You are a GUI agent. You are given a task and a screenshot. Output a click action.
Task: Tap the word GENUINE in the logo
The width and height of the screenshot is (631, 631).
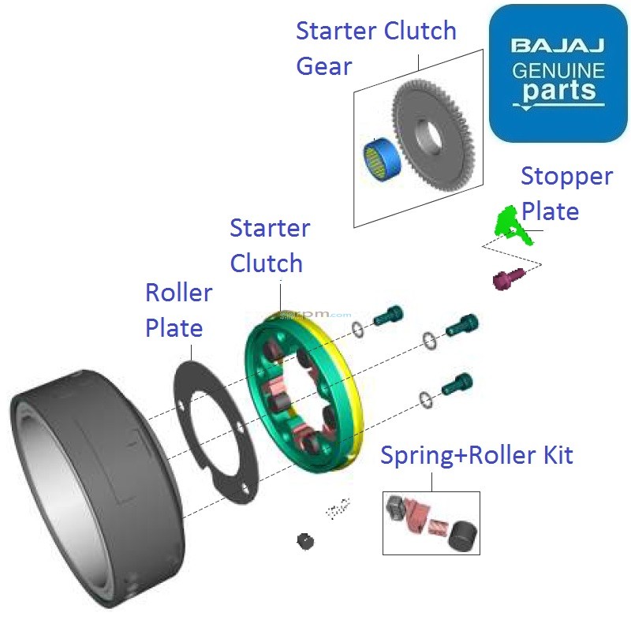(x=558, y=70)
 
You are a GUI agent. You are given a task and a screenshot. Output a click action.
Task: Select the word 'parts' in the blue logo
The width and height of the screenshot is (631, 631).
(x=558, y=91)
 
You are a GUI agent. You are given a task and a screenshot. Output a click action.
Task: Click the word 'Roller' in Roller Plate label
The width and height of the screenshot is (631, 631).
(x=178, y=293)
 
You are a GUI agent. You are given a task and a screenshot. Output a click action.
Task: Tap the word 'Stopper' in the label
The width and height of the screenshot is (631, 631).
(x=566, y=176)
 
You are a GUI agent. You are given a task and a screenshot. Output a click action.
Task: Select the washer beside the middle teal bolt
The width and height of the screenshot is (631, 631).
(x=428, y=341)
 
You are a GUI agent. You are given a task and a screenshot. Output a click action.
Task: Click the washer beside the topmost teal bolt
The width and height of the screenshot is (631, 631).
(x=358, y=329)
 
